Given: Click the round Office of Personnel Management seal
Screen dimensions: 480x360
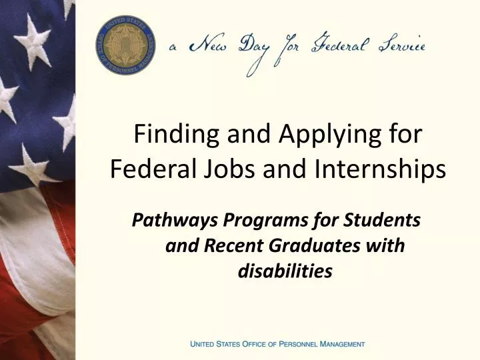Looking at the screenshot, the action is pos(125,45).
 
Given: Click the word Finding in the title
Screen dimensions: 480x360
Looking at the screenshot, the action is pos(176,135).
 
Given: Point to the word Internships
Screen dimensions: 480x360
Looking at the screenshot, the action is pos(379,169).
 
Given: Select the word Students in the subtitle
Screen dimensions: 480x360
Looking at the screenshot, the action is pos(382,220).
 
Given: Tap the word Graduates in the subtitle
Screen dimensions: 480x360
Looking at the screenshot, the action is pos(315,245).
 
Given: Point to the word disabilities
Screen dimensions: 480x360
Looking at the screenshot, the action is pos(285,271).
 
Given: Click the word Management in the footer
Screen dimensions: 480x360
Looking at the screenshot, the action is pos(342,344).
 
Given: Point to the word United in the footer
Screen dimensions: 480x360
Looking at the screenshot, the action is pos(203,344).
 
